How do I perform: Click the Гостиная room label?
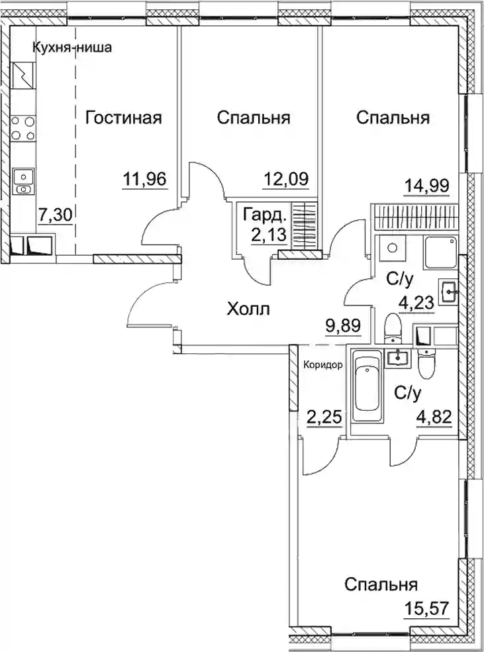[123, 118]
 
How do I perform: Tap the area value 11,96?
[145, 179]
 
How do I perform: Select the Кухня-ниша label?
[72, 48]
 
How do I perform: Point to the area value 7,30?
[56, 215]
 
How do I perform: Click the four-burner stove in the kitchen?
[23, 128]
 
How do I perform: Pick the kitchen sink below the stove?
[24, 182]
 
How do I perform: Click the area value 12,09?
[286, 179]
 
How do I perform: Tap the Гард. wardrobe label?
[265, 216]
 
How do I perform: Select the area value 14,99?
[427, 185]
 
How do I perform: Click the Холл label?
[249, 309]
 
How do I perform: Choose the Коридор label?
[323, 366]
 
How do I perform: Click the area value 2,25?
[325, 417]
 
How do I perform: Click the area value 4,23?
[416, 302]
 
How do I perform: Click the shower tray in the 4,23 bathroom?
[440, 252]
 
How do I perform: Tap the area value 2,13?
[269, 235]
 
